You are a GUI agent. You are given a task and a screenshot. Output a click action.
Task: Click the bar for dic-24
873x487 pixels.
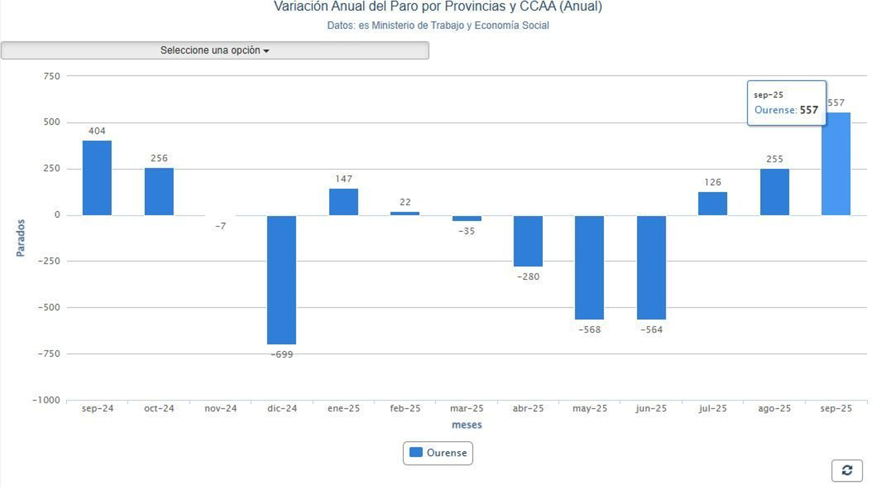282,280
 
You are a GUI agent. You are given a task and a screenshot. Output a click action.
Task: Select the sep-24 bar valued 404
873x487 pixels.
97,178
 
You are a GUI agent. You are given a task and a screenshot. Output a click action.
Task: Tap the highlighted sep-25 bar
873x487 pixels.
836,164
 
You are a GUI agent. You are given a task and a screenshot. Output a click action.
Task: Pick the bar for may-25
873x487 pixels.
589,268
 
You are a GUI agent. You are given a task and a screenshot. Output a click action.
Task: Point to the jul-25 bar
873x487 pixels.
713,204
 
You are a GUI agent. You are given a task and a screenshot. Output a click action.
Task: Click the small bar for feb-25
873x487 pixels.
405,213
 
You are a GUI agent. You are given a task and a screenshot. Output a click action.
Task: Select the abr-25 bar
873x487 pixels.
528,241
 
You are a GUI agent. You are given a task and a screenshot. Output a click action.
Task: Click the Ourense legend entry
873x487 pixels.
438,453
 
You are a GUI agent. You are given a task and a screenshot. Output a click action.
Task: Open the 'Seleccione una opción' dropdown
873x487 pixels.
215,50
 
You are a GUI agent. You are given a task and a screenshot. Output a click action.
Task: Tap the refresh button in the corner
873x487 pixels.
847,471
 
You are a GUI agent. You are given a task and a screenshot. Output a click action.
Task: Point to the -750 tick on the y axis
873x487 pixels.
49,354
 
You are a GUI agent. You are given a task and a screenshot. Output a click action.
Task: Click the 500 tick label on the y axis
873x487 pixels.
52,122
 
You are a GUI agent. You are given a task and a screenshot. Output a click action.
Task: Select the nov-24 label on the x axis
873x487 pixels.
220,408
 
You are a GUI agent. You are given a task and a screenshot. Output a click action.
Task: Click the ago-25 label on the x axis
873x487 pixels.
774,408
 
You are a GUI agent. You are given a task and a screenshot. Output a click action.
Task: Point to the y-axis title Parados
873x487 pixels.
21,238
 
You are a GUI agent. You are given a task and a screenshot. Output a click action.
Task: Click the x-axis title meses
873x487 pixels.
467,425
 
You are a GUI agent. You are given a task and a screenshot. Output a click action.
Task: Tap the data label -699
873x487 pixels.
282,354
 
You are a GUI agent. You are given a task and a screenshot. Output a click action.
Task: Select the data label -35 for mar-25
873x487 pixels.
467,231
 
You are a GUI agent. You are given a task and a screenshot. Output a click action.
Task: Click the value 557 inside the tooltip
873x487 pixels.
809,110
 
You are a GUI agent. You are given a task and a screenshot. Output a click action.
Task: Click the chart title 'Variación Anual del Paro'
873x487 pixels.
438,7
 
